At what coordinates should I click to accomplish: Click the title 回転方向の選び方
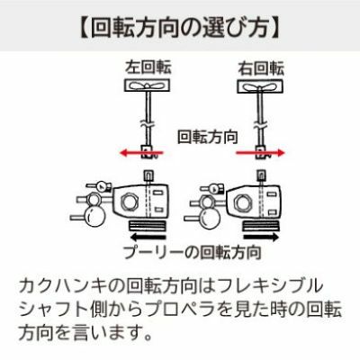pyautogui.click(x=179, y=28)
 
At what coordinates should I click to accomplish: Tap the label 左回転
pyautogui.click(x=148, y=67)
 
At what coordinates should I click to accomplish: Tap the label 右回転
pyautogui.click(x=261, y=67)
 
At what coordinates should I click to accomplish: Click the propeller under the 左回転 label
pyautogui.click(x=147, y=85)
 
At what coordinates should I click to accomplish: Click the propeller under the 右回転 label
pyautogui.click(x=260, y=86)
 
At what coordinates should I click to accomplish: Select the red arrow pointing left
pyautogui.click(x=141, y=154)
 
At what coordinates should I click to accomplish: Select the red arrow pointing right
pyautogui.click(x=260, y=153)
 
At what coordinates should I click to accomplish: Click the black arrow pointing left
pyautogui.click(x=148, y=238)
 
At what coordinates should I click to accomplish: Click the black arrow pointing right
pyautogui.click(x=261, y=238)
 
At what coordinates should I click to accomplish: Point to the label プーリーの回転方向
pyautogui.click(x=193, y=252)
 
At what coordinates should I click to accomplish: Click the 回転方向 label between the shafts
pyautogui.click(x=208, y=137)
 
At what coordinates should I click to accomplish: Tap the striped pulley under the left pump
pyautogui.click(x=147, y=225)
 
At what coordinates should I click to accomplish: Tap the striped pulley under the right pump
pyautogui.click(x=261, y=225)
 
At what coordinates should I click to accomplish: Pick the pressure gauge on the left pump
pyautogui.click(x=100, y=187)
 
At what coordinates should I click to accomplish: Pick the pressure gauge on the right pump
pyautogui.click(x=213, y=189)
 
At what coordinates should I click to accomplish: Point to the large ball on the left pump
pyautogui.click(x=94, y=218)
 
